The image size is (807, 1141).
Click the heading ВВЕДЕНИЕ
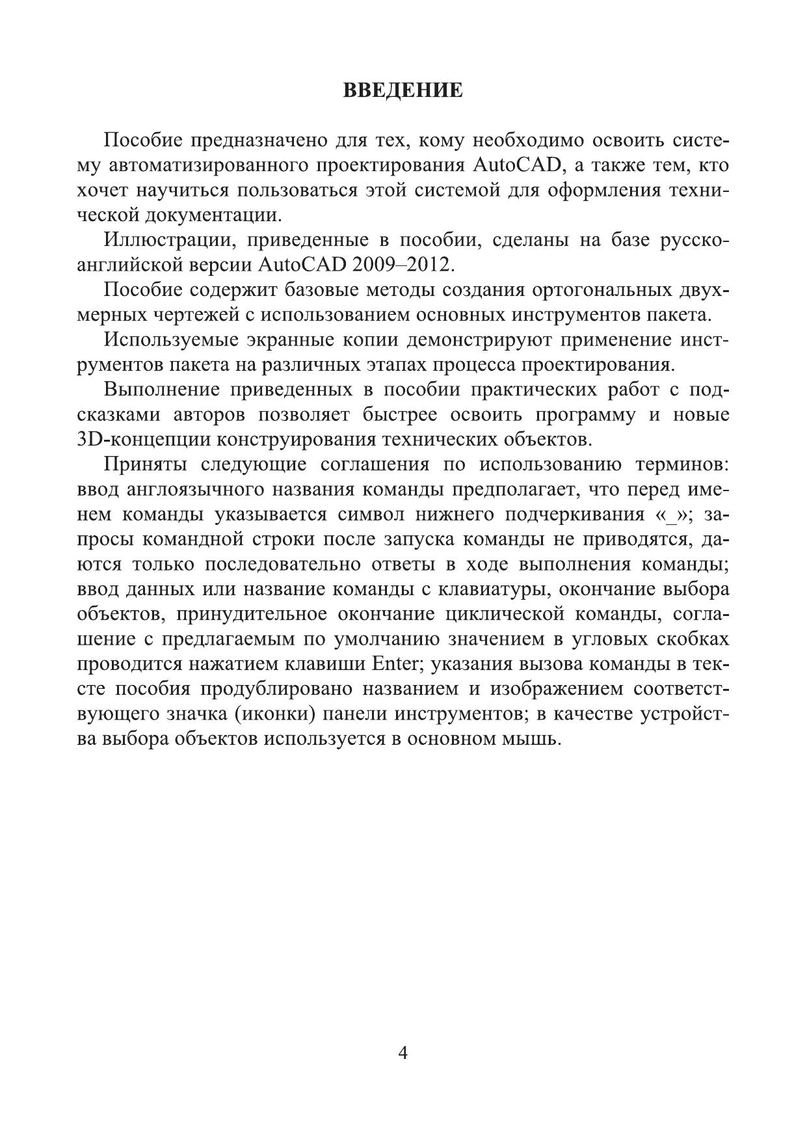point(403,90)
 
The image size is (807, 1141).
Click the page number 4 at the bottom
point(403,1053)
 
